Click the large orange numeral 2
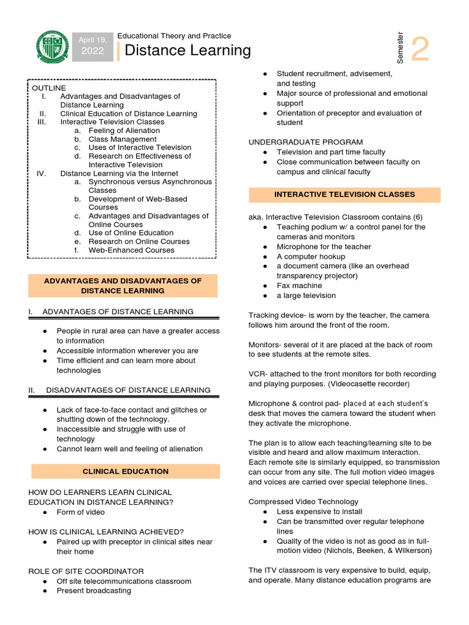(x=420, y=49)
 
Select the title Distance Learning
(x=187, y=50)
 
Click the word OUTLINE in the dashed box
(x=49, y=88)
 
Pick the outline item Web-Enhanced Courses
(x=131, y=250)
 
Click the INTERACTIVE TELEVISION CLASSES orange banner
(x=344, y=194)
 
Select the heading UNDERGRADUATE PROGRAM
(x=305, y=142)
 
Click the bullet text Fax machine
(x=299, y=286)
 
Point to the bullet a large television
(x=306, y=295)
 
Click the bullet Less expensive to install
(x=319, y=511)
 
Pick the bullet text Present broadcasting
(x=93, y=590)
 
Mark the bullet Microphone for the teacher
(x=324, y=247)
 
